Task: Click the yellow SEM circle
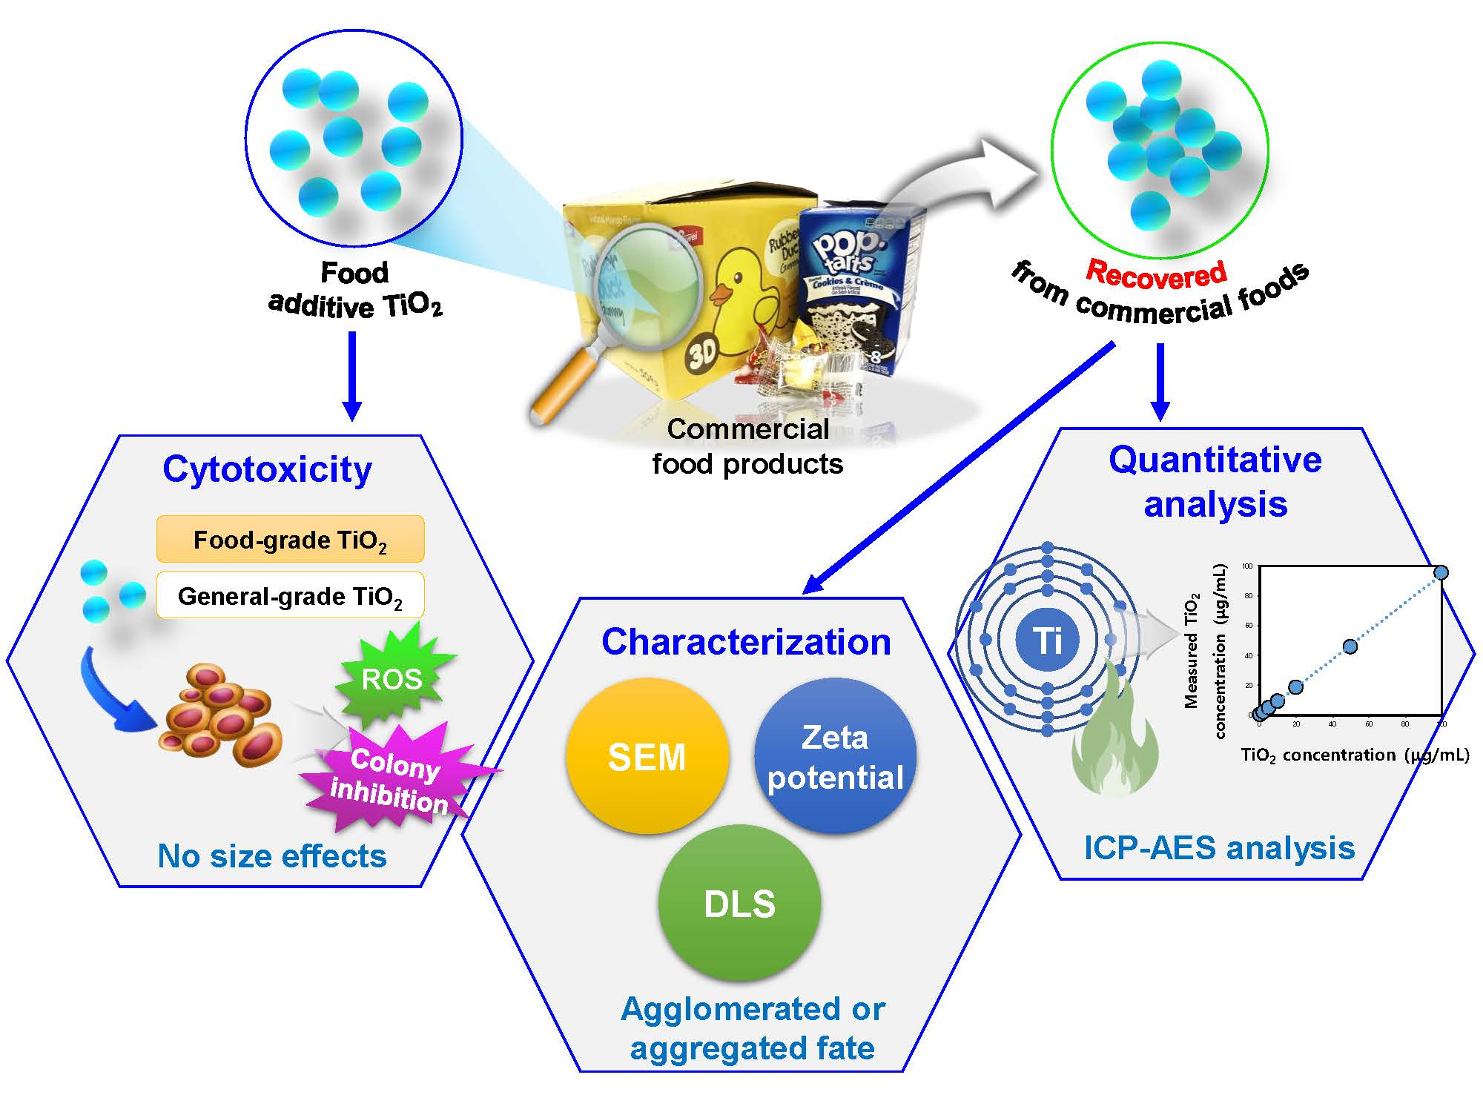(x=647, y=756)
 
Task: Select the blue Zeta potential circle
(x=835, y=756)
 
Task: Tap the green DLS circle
(x=739, y=903)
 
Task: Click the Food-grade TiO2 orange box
(x=290, y=539)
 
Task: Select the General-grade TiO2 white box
(x=290, y=595)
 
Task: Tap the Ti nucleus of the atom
(x=1047, y=639)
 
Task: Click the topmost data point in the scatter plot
(x=1441, y=572)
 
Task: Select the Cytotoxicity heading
(x=267, y=469)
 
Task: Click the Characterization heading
(x=746, y=642)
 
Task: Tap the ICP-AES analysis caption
(x=1219, y=847)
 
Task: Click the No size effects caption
(x=272, y=856)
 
